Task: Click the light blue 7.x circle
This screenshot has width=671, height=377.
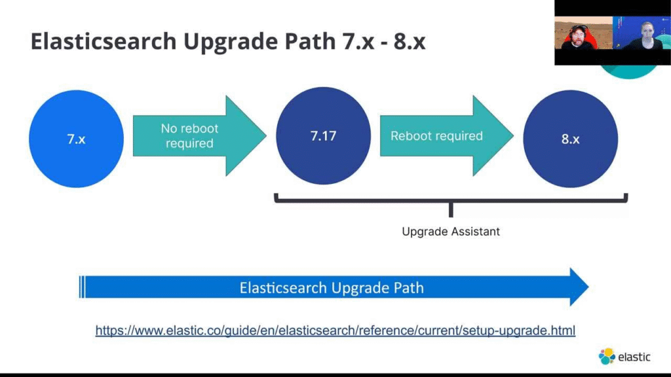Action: point(76,139)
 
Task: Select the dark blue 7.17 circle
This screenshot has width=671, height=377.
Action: point(323,136)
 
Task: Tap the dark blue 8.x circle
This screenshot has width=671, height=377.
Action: point(571,139)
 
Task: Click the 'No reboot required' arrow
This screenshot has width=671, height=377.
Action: point(199,136)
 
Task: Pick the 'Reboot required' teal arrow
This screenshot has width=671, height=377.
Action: point(446,136)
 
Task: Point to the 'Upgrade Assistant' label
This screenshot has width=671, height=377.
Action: point(451,231)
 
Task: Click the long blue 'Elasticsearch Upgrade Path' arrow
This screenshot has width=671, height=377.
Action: point(334,287)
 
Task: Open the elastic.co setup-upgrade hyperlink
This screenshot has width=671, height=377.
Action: point(335,331)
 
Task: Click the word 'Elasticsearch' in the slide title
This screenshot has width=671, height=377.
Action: point(104,41)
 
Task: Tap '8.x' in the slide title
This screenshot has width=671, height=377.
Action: point(410,41)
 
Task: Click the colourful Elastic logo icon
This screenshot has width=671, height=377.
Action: point(607,356)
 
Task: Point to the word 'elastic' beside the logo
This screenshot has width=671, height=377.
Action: point(634,357)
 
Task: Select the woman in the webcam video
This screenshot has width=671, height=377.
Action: point(645,36)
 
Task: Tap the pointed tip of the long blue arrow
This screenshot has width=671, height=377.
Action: point(589,287)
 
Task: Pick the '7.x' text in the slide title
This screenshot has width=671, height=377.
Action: point(358,41)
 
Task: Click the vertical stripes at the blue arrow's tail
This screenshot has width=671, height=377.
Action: point(82,287)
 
